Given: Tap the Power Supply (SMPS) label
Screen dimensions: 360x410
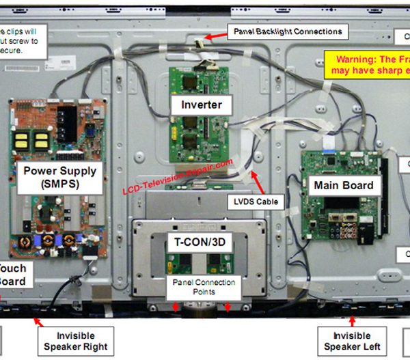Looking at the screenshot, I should [x=60, y=176].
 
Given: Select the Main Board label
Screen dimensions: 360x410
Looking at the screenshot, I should [x=344, y=185].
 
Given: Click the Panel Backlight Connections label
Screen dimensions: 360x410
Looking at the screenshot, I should [x=288, y=31].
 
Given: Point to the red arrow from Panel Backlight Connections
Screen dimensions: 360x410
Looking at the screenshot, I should [x=214, y=37].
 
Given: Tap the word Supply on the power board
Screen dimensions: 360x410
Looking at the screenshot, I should [x=77, y=170].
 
